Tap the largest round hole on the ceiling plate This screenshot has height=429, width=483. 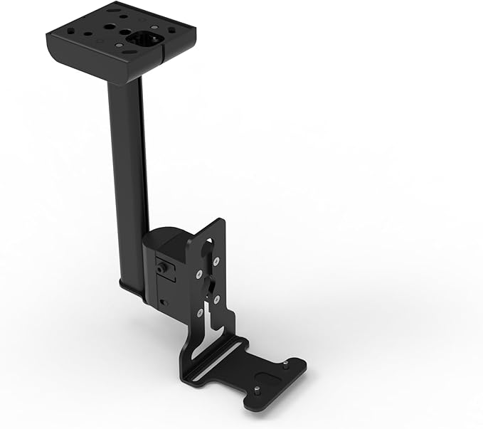tap(111, 29)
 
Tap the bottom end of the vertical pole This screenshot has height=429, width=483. tap(133, 287)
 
